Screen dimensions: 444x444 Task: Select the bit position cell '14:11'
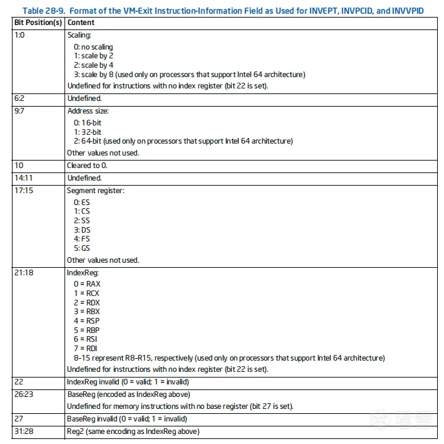23,178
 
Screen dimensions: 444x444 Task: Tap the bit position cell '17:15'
23,191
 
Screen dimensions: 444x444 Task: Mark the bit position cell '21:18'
23,273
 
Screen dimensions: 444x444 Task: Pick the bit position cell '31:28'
23,431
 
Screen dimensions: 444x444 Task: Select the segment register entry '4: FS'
81,239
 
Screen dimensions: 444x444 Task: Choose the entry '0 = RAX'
86,284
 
